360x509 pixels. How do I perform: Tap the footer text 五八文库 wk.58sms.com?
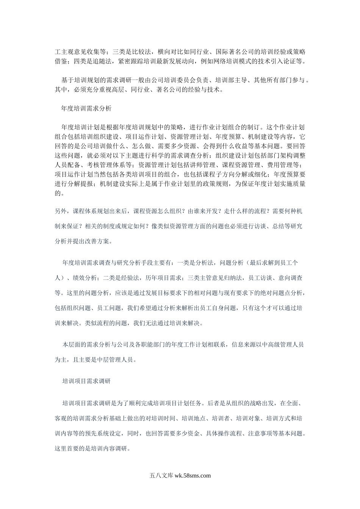click(x=180, y=476)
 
